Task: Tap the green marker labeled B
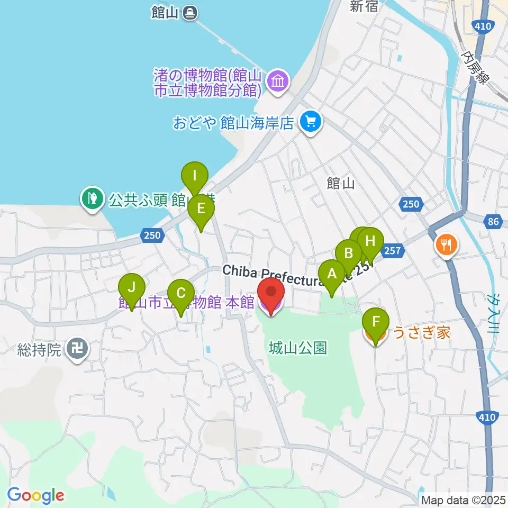point(349,253)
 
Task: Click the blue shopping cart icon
point(310,123)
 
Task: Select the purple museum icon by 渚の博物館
point(278,81)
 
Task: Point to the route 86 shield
point(493,223)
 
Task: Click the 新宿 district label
point(363,6)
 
